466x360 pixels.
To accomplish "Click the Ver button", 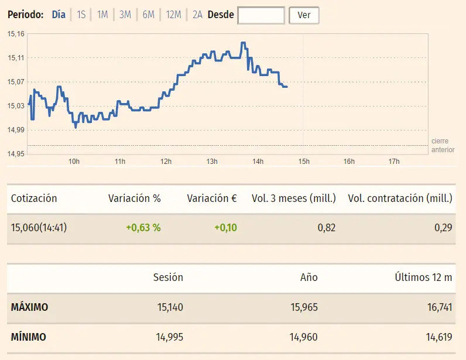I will click(x=304, y=15).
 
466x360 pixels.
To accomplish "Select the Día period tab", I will click(x=59, y=15).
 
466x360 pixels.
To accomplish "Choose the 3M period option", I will click(x=125, y=15).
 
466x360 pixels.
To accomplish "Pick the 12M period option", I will click(x=173, y=15).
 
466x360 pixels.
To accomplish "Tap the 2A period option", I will click(x=197, y=15).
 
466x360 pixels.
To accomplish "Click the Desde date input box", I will click(x=261, y=15).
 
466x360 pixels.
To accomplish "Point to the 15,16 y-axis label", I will click(x=16, y=34).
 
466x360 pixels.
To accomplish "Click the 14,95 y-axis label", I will click(x=16, y=154).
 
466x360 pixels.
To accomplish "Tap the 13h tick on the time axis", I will click(x=211, y=162).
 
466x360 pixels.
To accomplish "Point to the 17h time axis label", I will click(x=394, y=162).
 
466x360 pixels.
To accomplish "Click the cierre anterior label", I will click(x=443, y=145).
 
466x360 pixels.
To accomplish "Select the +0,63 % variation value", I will click(x=143, y=228).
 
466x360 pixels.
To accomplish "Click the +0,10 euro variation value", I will click(x=225, y=228).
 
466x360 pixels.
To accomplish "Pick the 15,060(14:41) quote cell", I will click(x=39, y=228).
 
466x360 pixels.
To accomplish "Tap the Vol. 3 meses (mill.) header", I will click(x=293, y=198).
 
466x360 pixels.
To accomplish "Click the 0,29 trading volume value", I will click(x=443, y=228).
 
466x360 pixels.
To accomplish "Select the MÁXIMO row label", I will click(x=29, y=307).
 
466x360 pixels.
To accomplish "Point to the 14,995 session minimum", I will click(x=167, y=337).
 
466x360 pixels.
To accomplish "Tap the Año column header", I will click(x=309, y=277).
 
